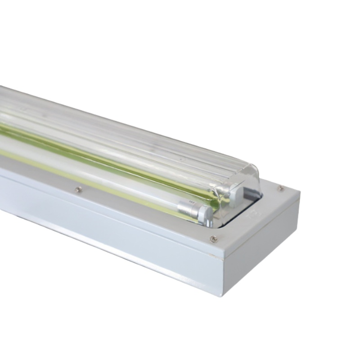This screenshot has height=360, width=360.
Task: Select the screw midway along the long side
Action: coord(79,189)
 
